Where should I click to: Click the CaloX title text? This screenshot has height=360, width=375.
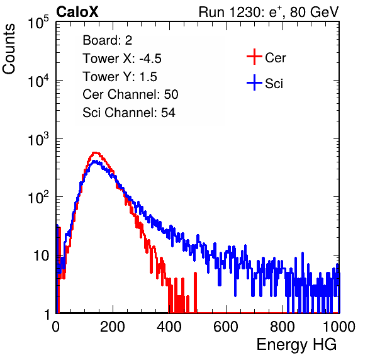click(77, 12)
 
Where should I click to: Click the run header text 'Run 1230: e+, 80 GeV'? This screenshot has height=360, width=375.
click(269, 12)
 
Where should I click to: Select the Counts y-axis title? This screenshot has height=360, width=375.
click(9, 49)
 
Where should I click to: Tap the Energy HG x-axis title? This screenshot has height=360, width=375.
click(296, 345)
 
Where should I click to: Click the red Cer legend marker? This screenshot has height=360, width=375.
click(254, 57)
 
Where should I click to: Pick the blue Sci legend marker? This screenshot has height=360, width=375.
click(254, 82)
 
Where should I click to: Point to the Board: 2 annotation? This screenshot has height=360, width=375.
click(108, 40)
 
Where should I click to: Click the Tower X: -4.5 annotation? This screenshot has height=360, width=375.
click(122, 59)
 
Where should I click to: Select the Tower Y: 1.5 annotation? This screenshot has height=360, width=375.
click(120, 77)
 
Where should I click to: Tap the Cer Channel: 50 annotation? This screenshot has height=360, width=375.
click(130, 94)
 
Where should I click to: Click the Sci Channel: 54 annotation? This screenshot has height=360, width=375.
click(129, 113)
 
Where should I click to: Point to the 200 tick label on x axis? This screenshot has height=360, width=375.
click(113, 327)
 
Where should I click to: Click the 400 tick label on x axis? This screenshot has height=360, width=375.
click(169, 327)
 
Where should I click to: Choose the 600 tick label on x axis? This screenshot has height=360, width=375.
click(226, 327)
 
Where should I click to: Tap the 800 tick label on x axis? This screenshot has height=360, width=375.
click(283, 327)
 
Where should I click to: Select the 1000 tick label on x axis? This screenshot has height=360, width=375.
click(339, 327)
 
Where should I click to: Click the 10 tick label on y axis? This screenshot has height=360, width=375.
click(41, 256)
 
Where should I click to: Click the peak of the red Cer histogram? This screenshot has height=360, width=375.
click(95, 152)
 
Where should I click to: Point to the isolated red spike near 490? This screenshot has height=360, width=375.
click(196, 292)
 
